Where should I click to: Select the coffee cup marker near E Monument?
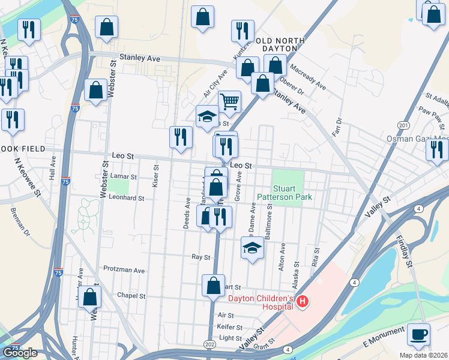pos(418,334)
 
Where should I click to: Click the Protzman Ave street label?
pos(124,270)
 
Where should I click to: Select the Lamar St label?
pos(125,178)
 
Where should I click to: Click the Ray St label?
pos(200,257)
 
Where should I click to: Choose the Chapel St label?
pos(131,296)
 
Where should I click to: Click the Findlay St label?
pos(406,251)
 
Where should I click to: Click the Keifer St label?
pos(230,328)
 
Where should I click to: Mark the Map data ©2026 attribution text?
pos(424,355)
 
